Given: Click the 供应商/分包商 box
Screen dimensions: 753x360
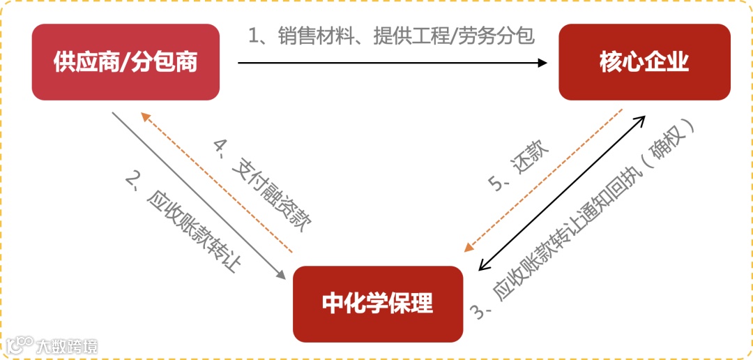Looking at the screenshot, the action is click(x=125, y=62).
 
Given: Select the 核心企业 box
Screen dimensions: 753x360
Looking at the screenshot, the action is click(x=644, y=62).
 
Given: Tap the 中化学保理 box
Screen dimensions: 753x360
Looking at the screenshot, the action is click(x=378, y=303).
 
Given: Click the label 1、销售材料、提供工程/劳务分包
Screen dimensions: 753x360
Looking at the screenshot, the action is click(x=392, y=36).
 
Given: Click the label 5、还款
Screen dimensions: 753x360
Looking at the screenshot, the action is click(x=519, y=167).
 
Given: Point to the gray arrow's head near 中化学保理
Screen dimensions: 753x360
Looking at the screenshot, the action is click(x=282, y=276).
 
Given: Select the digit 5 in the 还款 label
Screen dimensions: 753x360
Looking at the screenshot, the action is click(x=496, y=185).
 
